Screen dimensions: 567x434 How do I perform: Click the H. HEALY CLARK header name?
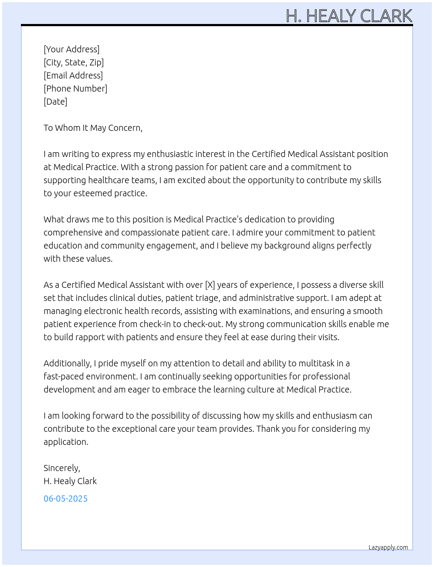(x=349, y=16)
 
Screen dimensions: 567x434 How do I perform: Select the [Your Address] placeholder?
(x=71, y=49)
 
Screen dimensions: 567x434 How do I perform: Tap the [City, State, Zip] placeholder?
(x=74, y=62)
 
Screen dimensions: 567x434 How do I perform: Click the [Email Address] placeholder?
(x=73, y=75)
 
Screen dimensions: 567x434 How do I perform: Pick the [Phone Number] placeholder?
(x=75, y=89)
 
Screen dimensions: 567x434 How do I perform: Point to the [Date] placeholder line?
(x=55, y=102)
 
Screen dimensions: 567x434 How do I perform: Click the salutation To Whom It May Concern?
(x=93, y=128)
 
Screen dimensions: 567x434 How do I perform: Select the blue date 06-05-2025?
(x=65, y=499)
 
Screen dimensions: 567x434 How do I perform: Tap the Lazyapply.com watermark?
(x=388, y=547)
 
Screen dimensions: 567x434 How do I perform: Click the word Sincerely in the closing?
(x=61, y=468)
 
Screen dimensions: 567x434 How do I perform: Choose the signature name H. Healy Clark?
(x=70, y=481)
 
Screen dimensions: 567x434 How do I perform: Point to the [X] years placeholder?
(x=210, y=285)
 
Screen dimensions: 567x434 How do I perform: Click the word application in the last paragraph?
(x=65, y=442)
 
